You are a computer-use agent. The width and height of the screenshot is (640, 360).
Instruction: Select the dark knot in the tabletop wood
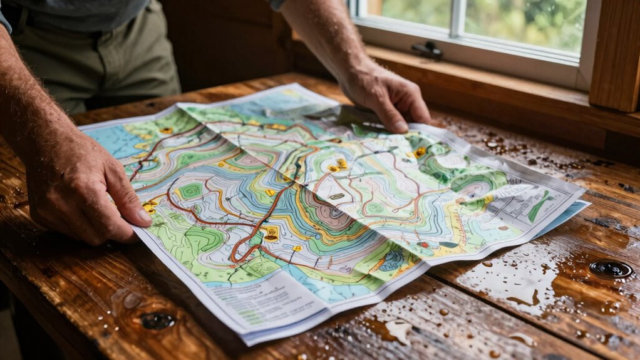157,321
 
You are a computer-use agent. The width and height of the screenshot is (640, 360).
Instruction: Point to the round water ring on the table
610,269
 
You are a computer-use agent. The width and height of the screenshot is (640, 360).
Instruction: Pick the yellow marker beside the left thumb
149,207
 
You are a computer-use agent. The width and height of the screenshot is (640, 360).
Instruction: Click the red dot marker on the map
426,245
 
